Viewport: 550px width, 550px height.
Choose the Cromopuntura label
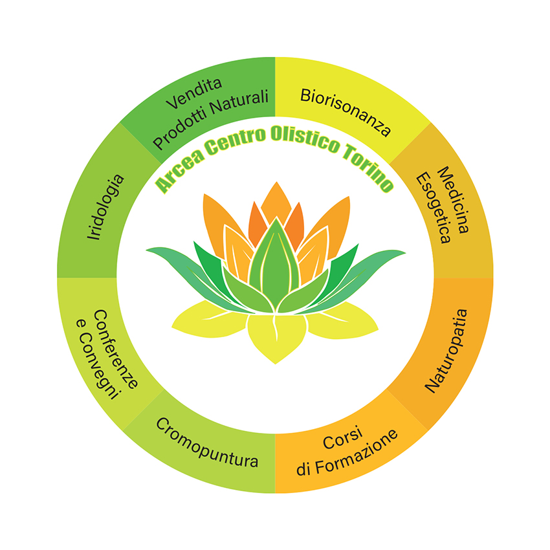click(207, 443)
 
